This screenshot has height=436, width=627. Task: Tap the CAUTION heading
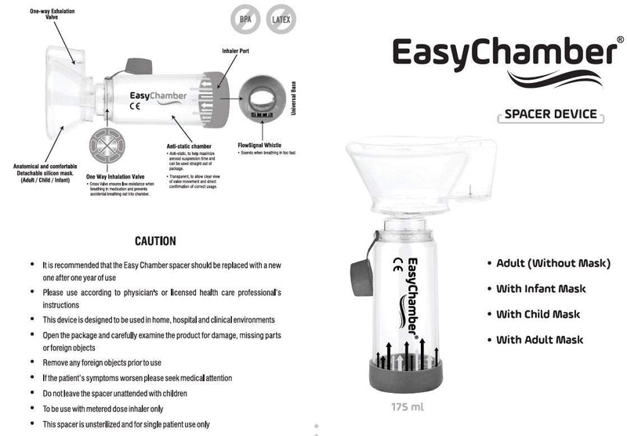(155, 241)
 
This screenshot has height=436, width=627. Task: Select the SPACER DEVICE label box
(550, 115)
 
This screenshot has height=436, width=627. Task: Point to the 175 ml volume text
(407, 407)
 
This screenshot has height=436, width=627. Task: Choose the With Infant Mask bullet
(540, 289)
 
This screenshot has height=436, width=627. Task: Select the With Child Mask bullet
(538, 315)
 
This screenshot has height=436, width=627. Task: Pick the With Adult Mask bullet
(539, 340)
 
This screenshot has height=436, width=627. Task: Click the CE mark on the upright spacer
(397, 262)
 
